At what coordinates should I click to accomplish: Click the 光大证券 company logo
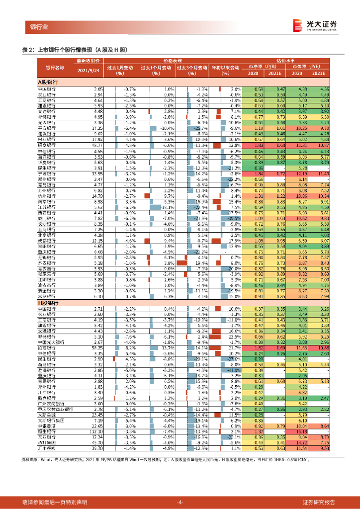click(x=314, y=25)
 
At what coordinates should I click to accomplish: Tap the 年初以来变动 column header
click(x=226, y=67)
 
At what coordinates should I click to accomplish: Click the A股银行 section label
click(x=48, y=81)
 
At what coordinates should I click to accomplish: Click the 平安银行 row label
click(x=47, y=128)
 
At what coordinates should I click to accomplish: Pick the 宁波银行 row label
click(x=47, y=174)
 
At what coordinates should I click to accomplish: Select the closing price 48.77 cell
click(x=96, y=145)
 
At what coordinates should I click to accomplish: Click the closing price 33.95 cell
click(x=96, y=174)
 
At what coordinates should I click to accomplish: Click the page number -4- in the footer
click(x=180, y=502)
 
